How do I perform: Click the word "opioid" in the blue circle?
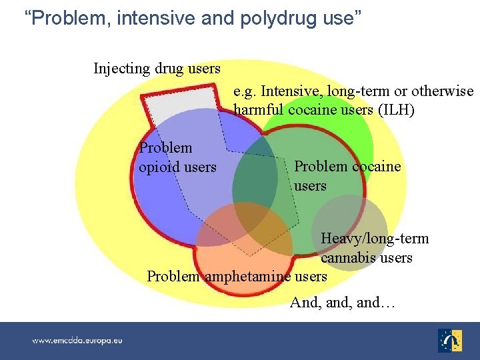click(x=159, y=167)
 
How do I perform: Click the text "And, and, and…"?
click(x=343, y=303)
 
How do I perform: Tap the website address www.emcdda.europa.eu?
click(x=77, y=340)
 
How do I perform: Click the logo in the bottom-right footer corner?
click(x=451, y=340)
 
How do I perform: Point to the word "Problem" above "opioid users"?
click(x=165, y=148)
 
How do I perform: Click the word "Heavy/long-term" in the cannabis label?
click(x=375, y=239)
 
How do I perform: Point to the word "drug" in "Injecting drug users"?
click(x=168, y=68)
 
